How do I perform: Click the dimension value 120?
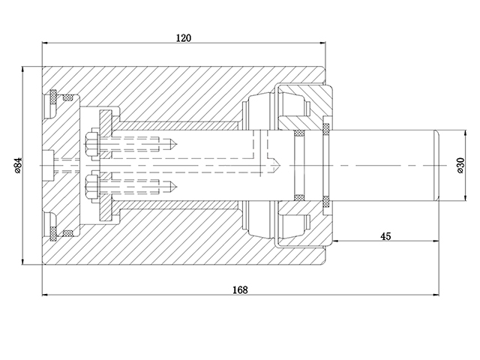pos(184,37)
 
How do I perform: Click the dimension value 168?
pos(239,289)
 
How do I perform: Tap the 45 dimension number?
pos(385,236)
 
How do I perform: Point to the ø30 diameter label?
pos(460,165)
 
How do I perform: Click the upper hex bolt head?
pos(91,145)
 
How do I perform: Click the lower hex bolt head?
pos(91,184)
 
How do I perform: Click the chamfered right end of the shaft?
pos(436,165)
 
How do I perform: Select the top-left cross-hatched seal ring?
pos(54,97)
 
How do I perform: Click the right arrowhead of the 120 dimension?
pos(324,43)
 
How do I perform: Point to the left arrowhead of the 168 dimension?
pos(44,295)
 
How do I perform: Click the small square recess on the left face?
pos(49,165)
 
